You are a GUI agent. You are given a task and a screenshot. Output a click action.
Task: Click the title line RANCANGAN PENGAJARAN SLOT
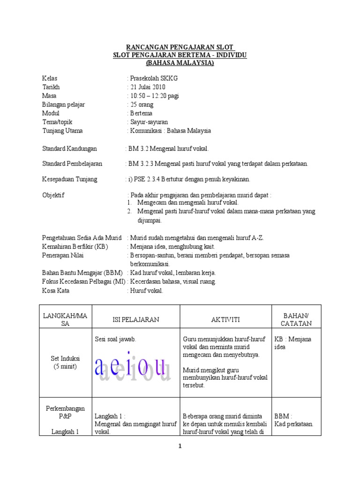tap(180, 47)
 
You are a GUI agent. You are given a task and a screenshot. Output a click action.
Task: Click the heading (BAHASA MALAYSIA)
tap(180, 62)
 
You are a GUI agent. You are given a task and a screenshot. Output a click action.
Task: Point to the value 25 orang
tap(142, 105)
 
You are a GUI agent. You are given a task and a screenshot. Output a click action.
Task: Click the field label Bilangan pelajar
tap(63, 105)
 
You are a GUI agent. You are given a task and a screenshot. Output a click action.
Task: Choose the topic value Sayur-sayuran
tap(149, 122)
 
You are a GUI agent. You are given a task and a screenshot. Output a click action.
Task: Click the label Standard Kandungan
tap(69, 149)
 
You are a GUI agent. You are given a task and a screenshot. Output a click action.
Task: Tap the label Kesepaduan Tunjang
tap(69, 179)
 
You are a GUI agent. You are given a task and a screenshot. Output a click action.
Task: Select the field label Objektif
tap(53, 195)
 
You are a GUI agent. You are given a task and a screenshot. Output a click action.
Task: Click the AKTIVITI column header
tap(225, 319)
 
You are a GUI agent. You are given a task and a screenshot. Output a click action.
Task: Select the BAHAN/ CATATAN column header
tap(296, 319)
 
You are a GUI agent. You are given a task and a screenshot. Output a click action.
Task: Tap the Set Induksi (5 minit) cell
tap(65, 362)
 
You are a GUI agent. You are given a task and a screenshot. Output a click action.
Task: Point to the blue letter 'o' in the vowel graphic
tap(143, 367)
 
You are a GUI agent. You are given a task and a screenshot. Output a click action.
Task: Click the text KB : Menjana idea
tap(292, 343)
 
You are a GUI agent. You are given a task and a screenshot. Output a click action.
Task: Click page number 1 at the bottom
tap(180, 447)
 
